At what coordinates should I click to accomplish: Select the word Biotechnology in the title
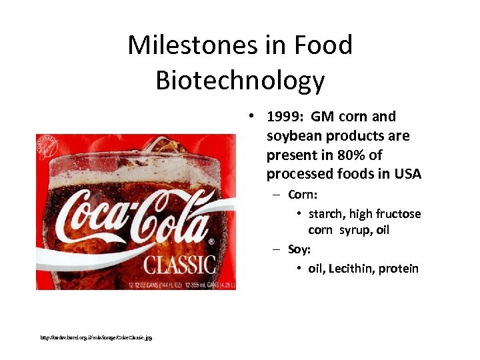pyautogui.click(x=240, y=80)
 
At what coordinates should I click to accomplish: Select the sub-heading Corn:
pyautogui.click(x=303, y=195)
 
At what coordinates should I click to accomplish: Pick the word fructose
pyautogui.click(x=399, y=214)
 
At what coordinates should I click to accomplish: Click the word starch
pyautogui.click(x=327, y=214)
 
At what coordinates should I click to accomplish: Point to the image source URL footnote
pyautogui.click(x=96, y=338)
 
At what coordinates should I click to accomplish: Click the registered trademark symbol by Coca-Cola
pyautogui.click(x=211, y=241)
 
